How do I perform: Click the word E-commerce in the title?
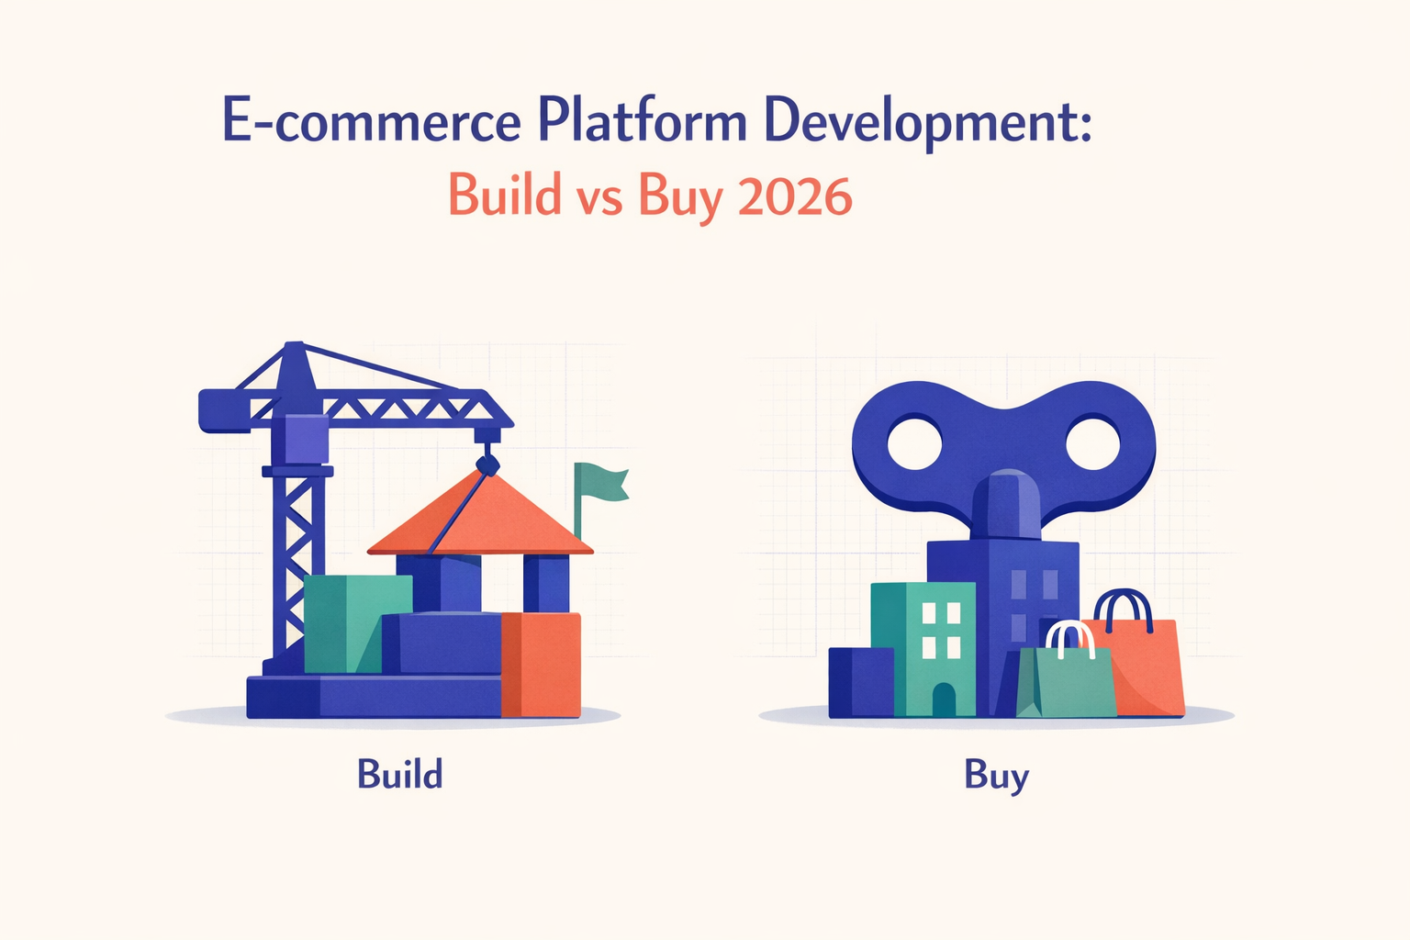click(372, 119)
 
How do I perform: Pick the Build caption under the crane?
click(399, 774)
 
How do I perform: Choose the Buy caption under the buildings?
click(996, 777)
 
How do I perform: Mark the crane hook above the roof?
click(487, 464)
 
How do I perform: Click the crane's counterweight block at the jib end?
click(224, 410)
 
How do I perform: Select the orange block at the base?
click(541, 665)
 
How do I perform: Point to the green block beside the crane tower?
click(357, 623)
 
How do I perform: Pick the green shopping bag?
click(1066, 682)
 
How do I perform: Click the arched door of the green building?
click(944, 699)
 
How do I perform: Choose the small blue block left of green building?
click(861, 682)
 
